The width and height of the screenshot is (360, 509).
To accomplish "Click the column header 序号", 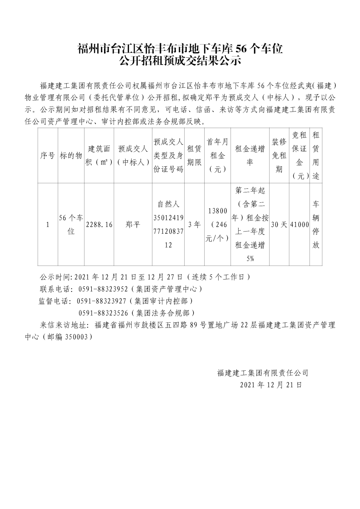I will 48,156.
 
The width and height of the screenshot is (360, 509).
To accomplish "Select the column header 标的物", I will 71,156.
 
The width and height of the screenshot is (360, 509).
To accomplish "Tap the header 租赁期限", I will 194,156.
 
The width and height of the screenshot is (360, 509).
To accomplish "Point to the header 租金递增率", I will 250,156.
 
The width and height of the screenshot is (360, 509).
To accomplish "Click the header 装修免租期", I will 278,156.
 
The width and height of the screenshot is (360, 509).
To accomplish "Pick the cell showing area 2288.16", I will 99,225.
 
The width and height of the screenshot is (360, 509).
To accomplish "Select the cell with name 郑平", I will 133,225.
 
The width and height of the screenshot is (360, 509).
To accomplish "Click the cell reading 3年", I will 194,225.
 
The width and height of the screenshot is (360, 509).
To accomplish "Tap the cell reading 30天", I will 278,225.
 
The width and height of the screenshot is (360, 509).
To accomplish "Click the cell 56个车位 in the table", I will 71,225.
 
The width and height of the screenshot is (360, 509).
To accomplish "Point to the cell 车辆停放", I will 315,225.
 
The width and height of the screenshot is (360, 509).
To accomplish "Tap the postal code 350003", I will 77,337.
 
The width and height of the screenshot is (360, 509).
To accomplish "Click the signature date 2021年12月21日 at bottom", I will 271,385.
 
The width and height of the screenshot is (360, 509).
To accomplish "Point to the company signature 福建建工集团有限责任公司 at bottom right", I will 262,373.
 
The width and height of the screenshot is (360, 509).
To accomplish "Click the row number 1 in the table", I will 48,225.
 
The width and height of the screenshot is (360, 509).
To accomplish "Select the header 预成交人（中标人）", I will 133,156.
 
